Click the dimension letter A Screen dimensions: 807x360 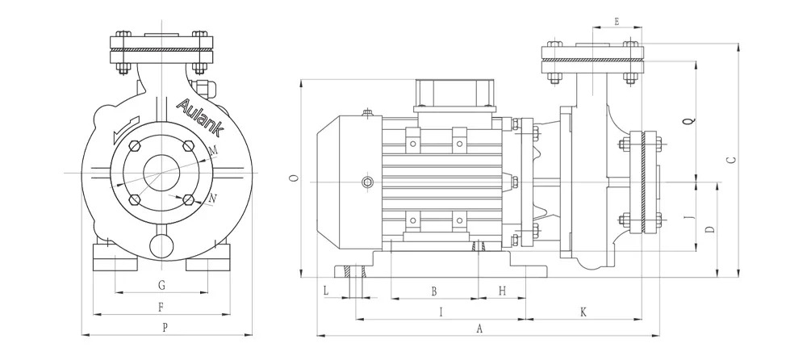tap(479, 329)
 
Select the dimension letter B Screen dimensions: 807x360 tap(434, 291)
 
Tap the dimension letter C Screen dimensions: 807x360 tap(731, 160)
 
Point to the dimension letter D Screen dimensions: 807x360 tap(710, 229)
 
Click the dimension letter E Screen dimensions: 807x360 tap(617, 21)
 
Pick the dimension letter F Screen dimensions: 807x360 tap(161, 308)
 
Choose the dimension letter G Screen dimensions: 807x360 tap(161, 285)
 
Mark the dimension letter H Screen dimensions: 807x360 tap(502, 291)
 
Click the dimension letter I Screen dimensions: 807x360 tap(441, 312)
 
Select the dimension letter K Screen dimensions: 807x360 tap(583, 312)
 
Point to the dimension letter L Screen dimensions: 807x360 tap(326, 291)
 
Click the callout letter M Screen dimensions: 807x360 tap(212, 151)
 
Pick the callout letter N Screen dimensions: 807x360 tap(213, 198)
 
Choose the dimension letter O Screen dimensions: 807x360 tap(294, 178)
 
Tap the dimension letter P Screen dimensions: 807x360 tap(165, 328)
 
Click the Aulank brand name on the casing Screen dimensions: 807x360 tap(200, 117)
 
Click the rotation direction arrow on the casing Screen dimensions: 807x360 tap(126, 130)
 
